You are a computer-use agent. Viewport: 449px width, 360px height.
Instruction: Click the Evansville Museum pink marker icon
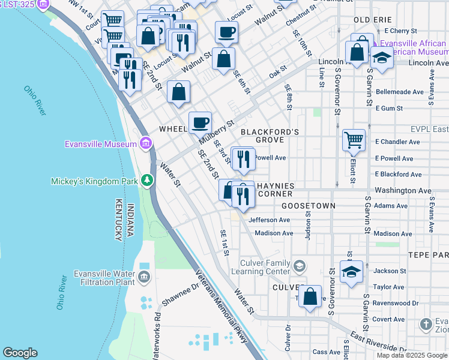pos(145,143)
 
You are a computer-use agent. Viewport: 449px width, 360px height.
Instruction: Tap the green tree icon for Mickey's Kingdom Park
pos(146,179)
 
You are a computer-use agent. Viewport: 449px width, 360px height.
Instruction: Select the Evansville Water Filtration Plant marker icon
pos(144,277)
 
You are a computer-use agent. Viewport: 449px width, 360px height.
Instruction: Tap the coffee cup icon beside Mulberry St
pos(200,122)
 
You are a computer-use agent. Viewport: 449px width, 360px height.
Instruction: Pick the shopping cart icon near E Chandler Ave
pos(354,140)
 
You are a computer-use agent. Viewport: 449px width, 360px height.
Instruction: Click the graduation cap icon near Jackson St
pos(351,271)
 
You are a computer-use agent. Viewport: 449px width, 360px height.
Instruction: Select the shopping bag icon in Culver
pos(310,298)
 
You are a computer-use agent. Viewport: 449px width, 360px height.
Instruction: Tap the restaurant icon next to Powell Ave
pos(243,159)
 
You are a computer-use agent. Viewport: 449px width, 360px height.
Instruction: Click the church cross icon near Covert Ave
pos(426,325)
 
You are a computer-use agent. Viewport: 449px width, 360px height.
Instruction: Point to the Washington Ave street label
pos(403,190)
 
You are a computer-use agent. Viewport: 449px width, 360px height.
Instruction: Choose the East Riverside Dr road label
pos(379,341)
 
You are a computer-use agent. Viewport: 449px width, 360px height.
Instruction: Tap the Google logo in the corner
pos(20,352)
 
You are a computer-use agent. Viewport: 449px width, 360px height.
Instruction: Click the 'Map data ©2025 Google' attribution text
pos(411,355)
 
